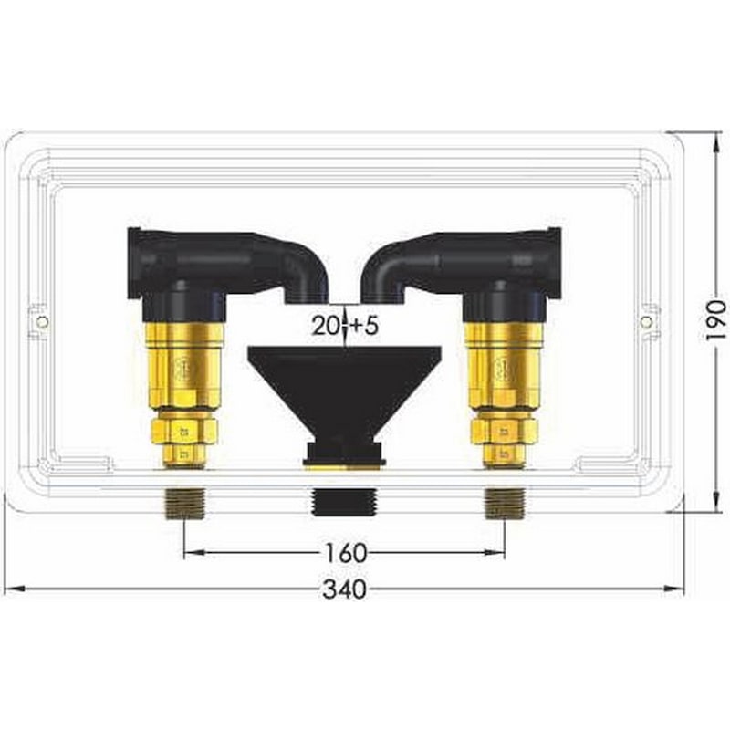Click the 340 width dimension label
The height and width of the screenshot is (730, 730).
point(345,589)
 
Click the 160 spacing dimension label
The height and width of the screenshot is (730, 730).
point(346,553)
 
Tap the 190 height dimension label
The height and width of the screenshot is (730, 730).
point(716,321)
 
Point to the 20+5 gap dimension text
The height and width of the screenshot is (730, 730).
point(345,326)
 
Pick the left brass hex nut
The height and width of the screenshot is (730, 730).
point(186,431)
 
